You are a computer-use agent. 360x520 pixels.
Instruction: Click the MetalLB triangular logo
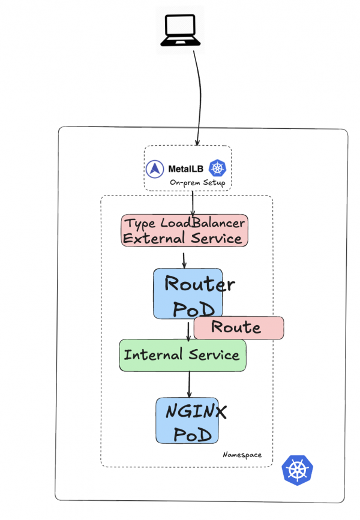[156, 169]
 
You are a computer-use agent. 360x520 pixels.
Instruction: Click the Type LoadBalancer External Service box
[184, 230]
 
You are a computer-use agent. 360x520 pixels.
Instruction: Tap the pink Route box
[238, 327]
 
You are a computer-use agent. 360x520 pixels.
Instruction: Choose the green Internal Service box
[182, 354]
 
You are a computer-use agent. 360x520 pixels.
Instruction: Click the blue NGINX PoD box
[187, 420]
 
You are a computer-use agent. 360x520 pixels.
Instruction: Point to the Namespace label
[242, 455]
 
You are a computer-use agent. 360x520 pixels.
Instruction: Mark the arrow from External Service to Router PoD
[184, 259]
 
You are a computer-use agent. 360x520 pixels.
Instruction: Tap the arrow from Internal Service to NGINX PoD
[190, 384]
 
